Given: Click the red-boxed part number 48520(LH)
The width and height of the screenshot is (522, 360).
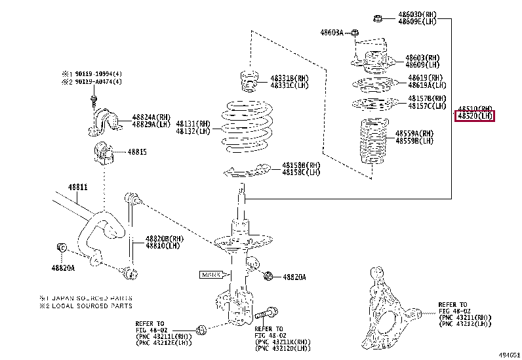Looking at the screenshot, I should pos(475,116).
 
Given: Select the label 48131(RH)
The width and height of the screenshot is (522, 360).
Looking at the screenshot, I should pos(193,123).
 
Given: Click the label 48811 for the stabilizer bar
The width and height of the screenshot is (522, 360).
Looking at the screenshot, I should pos(77,187).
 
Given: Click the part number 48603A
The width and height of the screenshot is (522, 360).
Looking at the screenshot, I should pos(331,32).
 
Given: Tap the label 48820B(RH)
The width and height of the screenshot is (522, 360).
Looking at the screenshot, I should pos(163,239).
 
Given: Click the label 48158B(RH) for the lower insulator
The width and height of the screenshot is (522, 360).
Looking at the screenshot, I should pos(301,165).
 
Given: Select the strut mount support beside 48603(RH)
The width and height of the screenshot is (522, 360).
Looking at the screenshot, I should pos(371,58).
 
